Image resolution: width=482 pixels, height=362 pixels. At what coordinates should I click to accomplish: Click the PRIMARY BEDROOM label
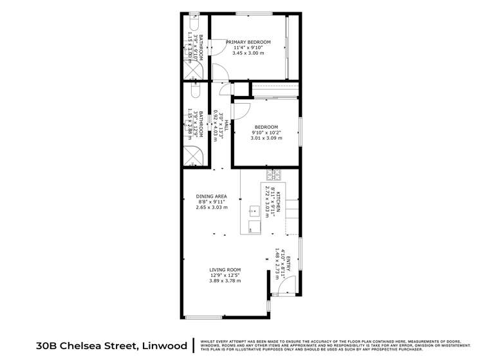(x=248, y=42)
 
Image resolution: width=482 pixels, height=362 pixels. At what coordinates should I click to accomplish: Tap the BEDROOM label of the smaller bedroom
(x=266, y=127)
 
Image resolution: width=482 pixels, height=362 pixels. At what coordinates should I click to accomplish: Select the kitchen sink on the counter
(x=254, y=209)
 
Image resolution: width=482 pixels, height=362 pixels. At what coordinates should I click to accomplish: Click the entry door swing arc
(x=287, y=284)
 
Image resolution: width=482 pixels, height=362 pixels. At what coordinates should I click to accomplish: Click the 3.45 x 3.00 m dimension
(x=248, y=52)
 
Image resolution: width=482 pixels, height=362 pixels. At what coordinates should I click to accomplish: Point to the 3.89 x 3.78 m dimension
(x=225, y=280)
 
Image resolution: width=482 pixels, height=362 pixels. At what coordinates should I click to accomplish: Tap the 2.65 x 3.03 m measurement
(x=209, y=207)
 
